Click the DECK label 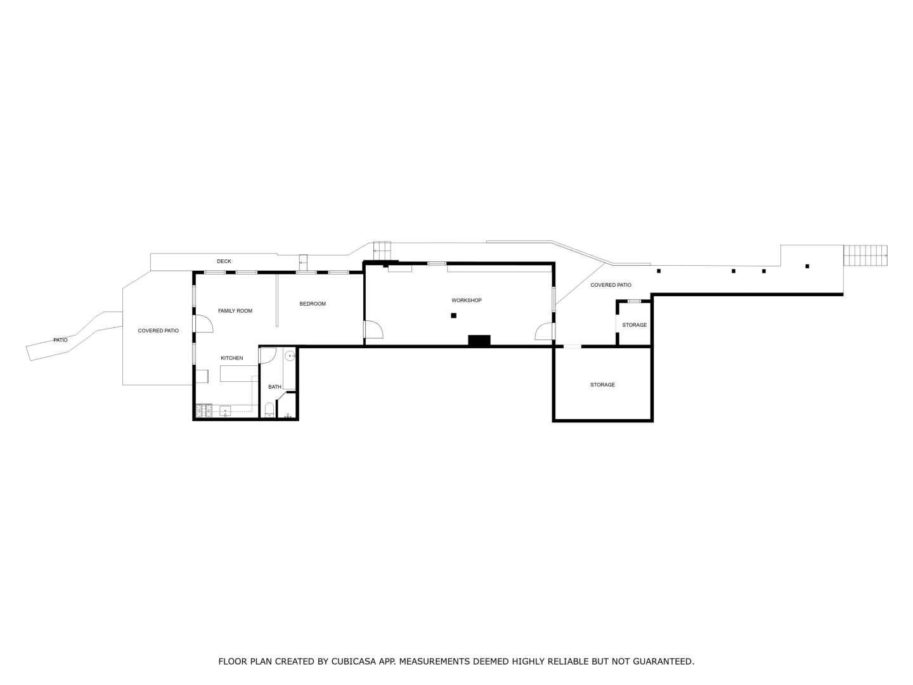coord(224,261)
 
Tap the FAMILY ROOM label coord(235,311)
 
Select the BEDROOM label coord(313,304)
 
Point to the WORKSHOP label coord(466,300)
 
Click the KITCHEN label coord(231,358)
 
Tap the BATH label coord(275,387)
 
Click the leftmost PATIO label coord(60,340)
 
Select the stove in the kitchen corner coord(204,411)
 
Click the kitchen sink coord(225,411)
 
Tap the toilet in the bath coord(269,410)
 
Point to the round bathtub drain coord(290,356)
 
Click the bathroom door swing coord(268,356)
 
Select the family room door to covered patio coord(204,324)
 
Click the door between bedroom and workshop coord(374,329)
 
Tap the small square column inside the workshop coord(453,316)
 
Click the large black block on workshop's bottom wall coord(479,340)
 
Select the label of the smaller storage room coord(634,325)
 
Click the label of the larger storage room coord(602,385)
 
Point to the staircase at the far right coord(865,256)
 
